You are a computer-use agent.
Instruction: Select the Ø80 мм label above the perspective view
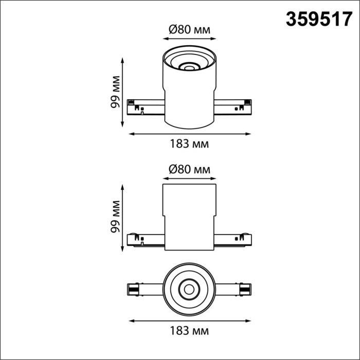coord(189,29)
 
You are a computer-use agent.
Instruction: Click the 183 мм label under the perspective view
coord(189,144)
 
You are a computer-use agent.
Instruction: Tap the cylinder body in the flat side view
coord(189,216)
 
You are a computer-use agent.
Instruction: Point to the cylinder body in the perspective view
coord(189,98)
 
